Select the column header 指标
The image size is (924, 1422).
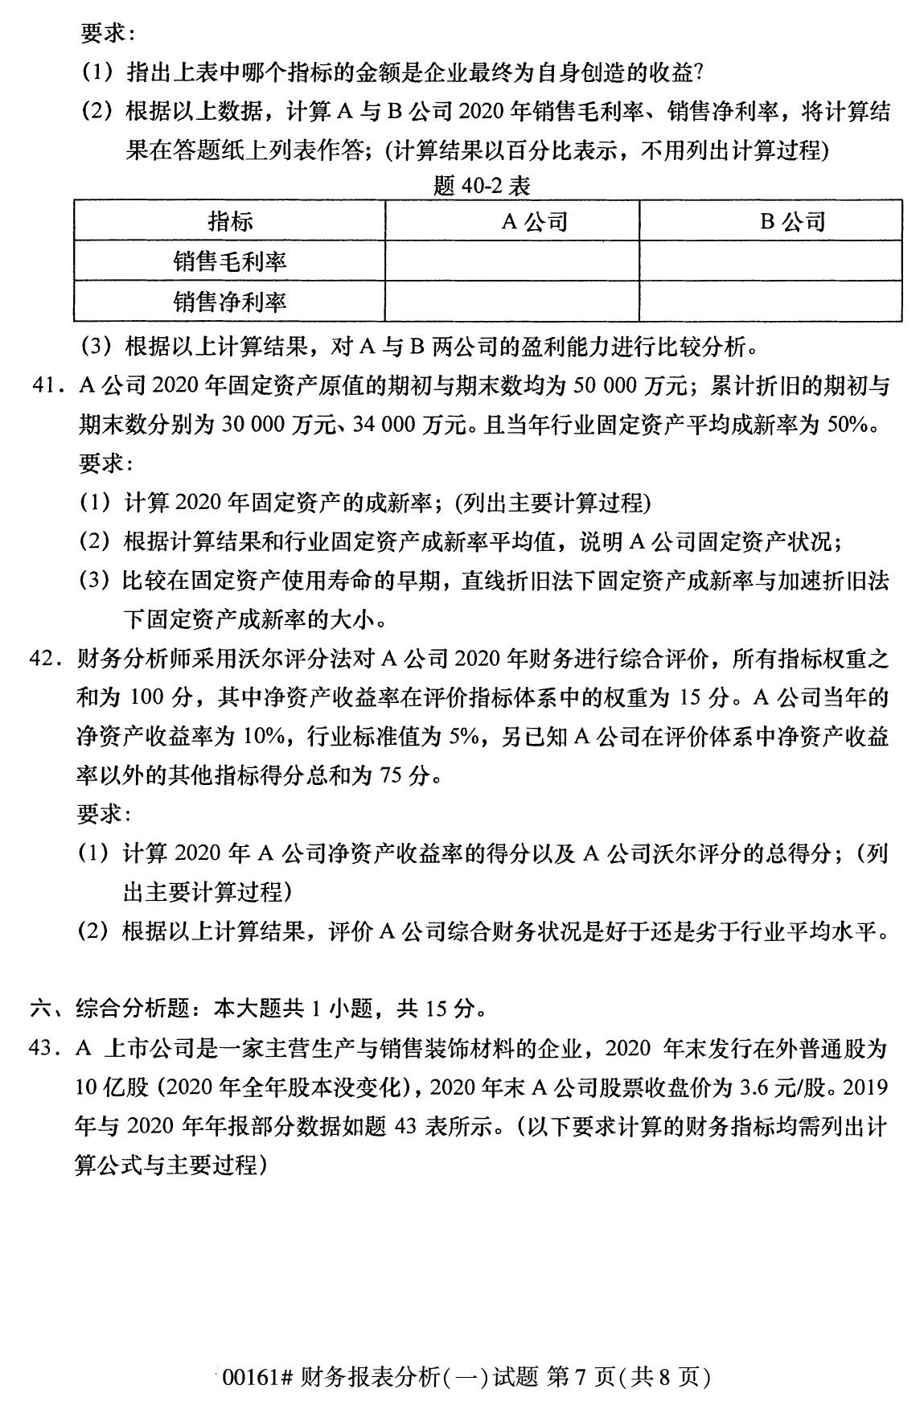point(230,220)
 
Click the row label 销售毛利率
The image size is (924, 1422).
point(230,261)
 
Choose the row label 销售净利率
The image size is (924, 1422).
point(230,302)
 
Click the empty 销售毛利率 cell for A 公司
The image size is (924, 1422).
point(512,261)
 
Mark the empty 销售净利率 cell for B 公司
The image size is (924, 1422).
point(770,302)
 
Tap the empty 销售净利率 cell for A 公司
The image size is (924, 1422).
point(512,302)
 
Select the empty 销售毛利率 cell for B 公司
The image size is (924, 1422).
point(770,261)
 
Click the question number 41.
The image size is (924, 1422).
point(45,387)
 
